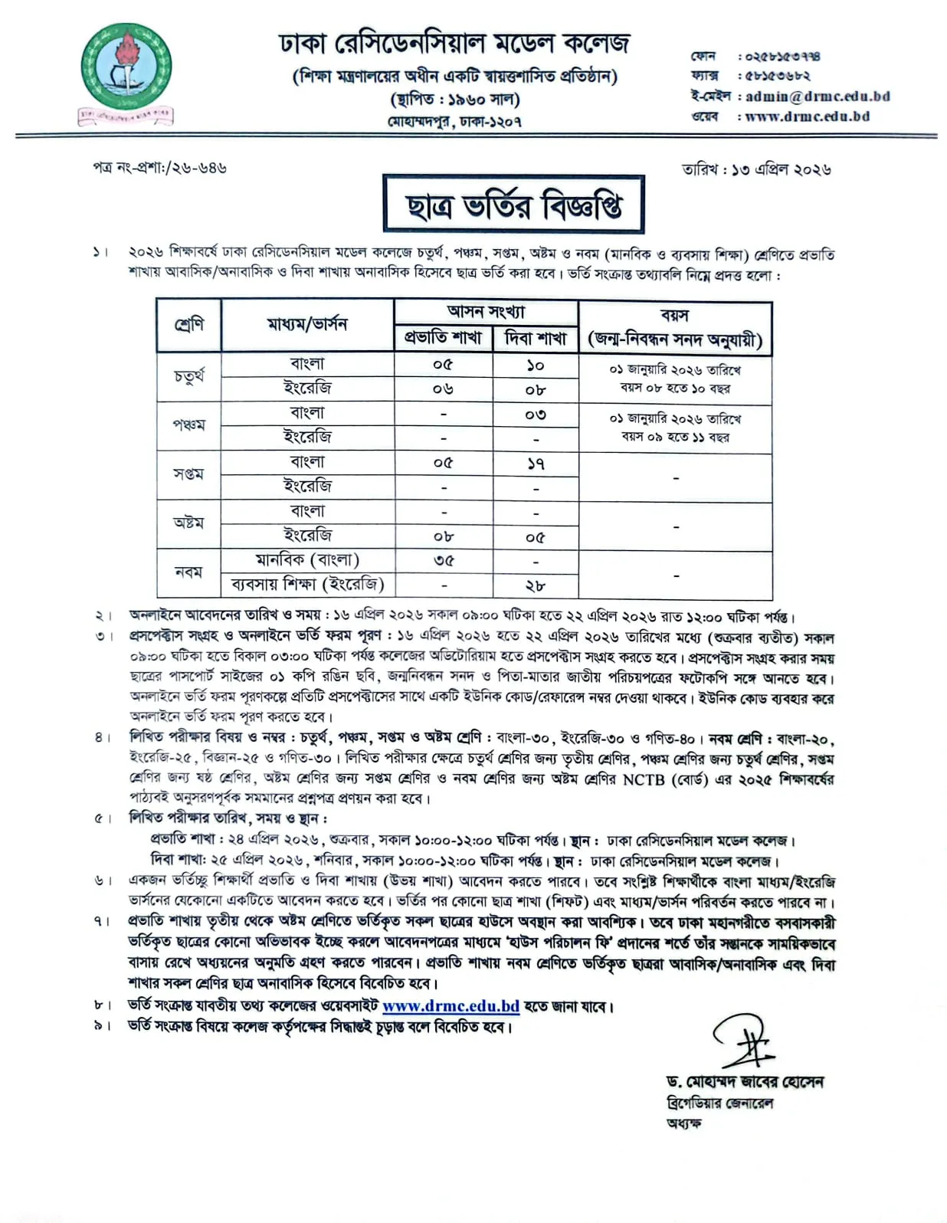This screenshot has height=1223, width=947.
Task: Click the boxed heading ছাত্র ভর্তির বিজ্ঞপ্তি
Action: (513, 205)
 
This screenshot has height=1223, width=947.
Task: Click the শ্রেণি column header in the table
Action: (188, 325)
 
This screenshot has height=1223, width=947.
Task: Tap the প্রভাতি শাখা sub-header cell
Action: (443, 337)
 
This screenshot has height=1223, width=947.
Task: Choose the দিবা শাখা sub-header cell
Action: (535, 337)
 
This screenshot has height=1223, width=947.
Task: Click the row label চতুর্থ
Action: (188, 376)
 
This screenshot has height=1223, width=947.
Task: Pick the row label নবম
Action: (188, 572)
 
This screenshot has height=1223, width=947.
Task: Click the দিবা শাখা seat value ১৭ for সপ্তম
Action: (535, 464)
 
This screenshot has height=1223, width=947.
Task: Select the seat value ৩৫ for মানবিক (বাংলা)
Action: (443, 560)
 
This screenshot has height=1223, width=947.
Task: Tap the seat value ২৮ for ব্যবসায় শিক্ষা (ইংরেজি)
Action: (535, 585)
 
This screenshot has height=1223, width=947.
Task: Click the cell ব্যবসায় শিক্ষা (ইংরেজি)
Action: (307, 585)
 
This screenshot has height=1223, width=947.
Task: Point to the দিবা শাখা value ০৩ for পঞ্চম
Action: (535, 415)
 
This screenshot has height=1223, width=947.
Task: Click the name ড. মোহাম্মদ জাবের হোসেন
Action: (745, 1082)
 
